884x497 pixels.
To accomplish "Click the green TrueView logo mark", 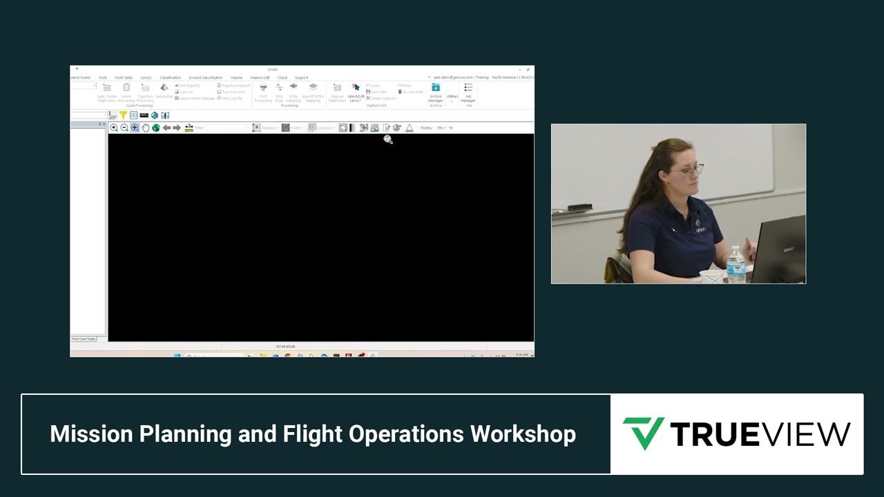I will tap(643, 433).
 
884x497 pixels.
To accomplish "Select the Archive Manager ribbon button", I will tap(436, 92).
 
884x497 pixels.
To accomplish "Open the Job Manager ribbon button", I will tap(468, 92).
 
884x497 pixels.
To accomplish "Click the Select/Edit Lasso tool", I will tap(356, 92).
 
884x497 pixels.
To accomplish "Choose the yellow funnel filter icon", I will tap(123, 115).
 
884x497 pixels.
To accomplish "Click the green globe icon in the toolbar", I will tap(156, 128).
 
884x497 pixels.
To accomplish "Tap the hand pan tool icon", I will tap(146, 128).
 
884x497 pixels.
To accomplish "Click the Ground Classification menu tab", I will tap(206, 77).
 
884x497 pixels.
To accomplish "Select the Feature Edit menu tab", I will tap(260, 77).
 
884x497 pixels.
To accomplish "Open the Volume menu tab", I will tap(236, 77).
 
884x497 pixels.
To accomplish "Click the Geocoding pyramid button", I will tap(164, 90).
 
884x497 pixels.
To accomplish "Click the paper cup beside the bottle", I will tap(711, 277).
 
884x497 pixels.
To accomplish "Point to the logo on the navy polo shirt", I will tap(700, 229).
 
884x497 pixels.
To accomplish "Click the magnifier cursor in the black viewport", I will tap(388, 140).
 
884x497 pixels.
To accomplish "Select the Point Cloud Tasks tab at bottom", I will tap(84, 339).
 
